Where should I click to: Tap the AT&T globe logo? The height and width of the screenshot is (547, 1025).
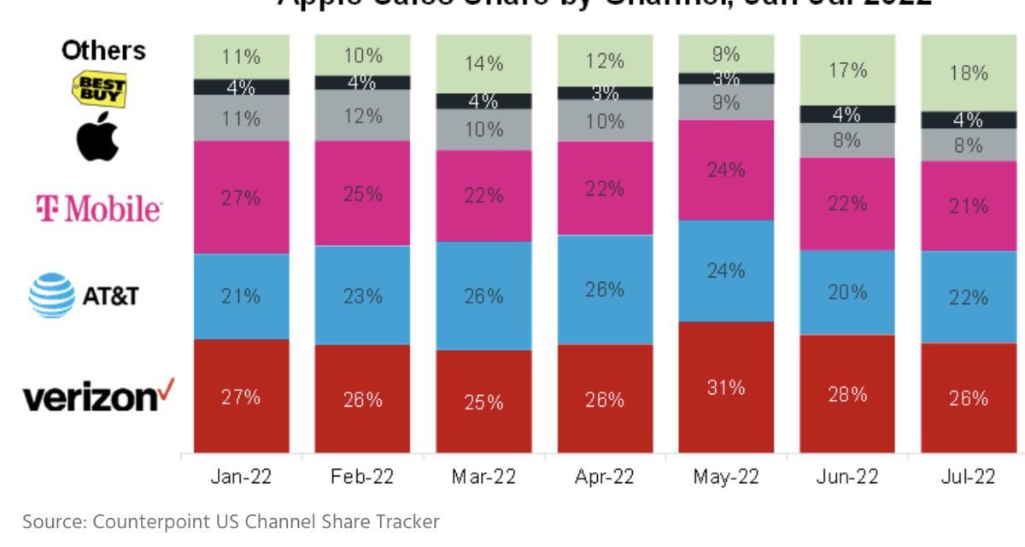point(51,295)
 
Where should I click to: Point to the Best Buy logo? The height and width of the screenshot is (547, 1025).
point(100,88)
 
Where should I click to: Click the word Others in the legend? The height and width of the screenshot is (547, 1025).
point(103,50)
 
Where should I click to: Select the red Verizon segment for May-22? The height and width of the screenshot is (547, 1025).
point(726,387)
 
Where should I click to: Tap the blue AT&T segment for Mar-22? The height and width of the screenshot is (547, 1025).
point(483,295)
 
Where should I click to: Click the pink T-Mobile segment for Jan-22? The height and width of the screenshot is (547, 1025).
point(241,197)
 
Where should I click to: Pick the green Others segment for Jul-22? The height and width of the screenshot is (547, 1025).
point(969,73)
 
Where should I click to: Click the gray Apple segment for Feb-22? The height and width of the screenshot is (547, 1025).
point(362,115)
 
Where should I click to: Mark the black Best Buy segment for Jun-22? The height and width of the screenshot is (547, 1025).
point(847,114)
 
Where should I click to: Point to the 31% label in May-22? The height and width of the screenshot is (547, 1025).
point(726,387)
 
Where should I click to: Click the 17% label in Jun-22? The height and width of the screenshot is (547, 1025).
point(847,70)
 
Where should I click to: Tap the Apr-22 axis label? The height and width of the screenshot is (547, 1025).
point(605,477)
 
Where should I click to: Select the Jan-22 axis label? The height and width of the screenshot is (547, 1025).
point(241,477)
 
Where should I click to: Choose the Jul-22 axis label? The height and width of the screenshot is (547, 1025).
point(969,477)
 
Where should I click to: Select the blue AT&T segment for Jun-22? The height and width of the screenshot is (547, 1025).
point(847,292)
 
